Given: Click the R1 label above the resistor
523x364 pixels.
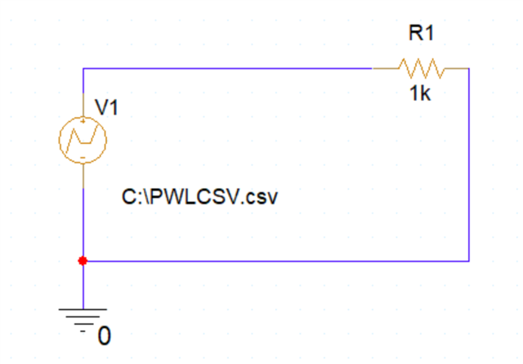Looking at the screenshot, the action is click(422, 34).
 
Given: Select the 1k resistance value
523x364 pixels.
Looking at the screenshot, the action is click(420, 93).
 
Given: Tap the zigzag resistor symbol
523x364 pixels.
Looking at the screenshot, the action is click(422, 69).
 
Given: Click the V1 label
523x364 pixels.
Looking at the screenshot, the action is click(106, 107).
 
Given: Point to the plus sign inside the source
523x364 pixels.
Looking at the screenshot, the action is click(83, 121).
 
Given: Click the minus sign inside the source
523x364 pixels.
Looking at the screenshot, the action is click(83, 158).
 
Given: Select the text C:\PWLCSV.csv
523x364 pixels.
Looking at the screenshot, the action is click(199, 197).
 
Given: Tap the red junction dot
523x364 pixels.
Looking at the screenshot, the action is click(83, 261).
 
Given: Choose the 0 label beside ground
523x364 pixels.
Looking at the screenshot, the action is click(105, 336).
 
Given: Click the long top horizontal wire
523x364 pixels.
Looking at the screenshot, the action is click(227, 69).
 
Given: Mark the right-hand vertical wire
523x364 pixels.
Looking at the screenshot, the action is click(469, 164).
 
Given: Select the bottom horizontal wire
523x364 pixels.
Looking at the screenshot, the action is click(276, 261).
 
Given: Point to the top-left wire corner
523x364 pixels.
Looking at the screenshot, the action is click(83, 69).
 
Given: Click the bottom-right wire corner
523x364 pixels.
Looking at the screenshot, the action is click(469, 261).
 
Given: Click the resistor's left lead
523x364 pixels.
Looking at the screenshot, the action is click(386, 69).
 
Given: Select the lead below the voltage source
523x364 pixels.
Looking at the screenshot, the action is click(83, 176).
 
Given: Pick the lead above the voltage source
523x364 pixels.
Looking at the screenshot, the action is click(83, 105).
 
